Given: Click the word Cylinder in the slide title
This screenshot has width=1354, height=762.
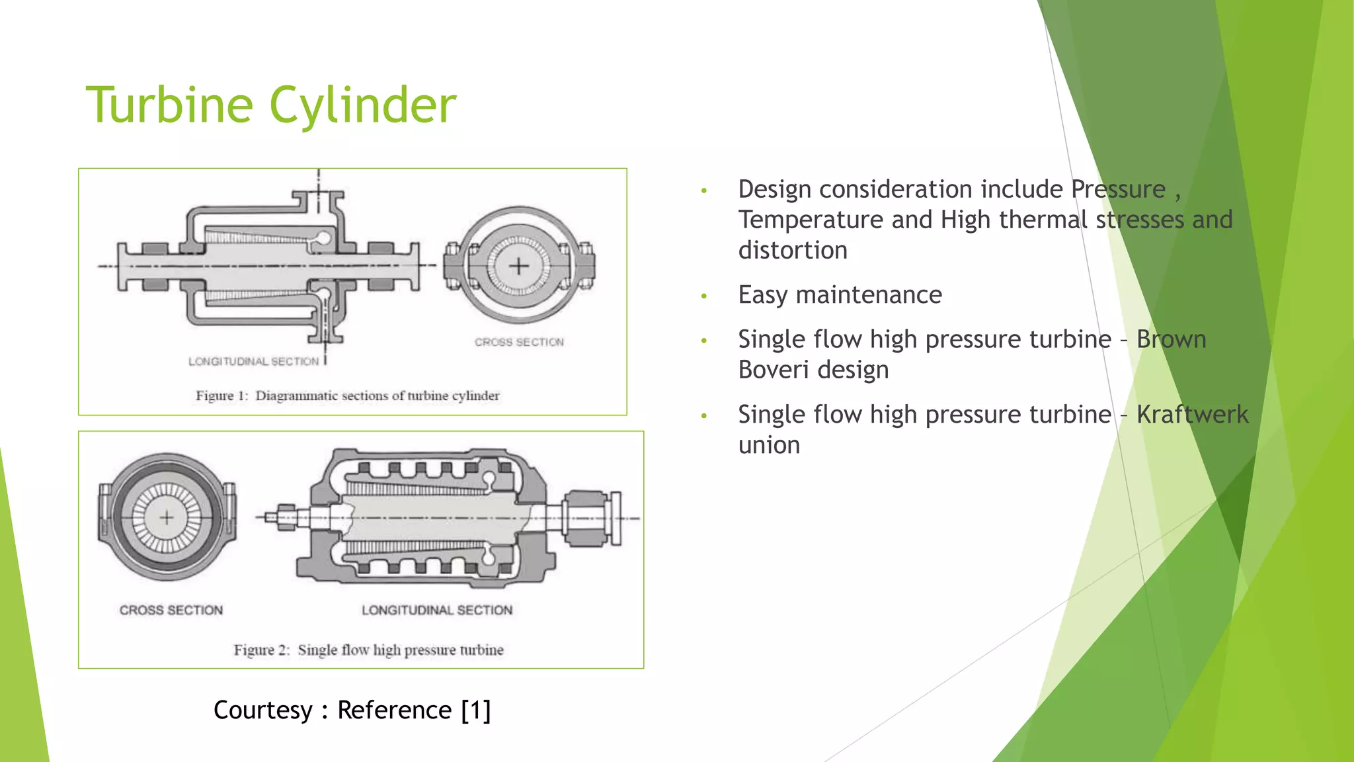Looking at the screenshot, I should tap(363, 106).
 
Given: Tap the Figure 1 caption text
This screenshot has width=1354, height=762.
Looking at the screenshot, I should tap(347, 396).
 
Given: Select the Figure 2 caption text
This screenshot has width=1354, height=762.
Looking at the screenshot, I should tap(368, 650).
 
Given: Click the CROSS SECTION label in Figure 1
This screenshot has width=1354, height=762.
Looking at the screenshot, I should tap(519, 342).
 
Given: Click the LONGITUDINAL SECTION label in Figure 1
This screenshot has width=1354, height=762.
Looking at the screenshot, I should tap(253, 361).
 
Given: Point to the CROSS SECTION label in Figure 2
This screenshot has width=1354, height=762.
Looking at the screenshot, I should tap(171, 610).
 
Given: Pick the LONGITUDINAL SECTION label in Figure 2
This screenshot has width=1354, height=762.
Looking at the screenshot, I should tap(436, 610).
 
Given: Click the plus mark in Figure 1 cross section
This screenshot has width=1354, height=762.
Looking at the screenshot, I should tap(519, 266).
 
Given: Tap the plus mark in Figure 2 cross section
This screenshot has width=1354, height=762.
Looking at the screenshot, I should tap(167, 517).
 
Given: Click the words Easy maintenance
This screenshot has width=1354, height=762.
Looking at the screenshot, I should tap(840, 295).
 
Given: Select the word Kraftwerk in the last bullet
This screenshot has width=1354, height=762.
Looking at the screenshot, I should tap(1192, 415).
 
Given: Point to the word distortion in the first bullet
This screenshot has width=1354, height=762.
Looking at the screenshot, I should tap(792, 251).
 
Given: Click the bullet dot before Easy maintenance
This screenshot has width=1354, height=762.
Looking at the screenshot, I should tap(704, 296).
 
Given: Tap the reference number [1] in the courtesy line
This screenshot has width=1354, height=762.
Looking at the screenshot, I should tap(476, 710).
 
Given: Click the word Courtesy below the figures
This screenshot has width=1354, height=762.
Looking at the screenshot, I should tap(262, 710).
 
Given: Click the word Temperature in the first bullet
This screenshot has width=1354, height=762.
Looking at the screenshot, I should tap(811, 220).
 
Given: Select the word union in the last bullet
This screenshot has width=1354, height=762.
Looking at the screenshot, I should tap(769, 445).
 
